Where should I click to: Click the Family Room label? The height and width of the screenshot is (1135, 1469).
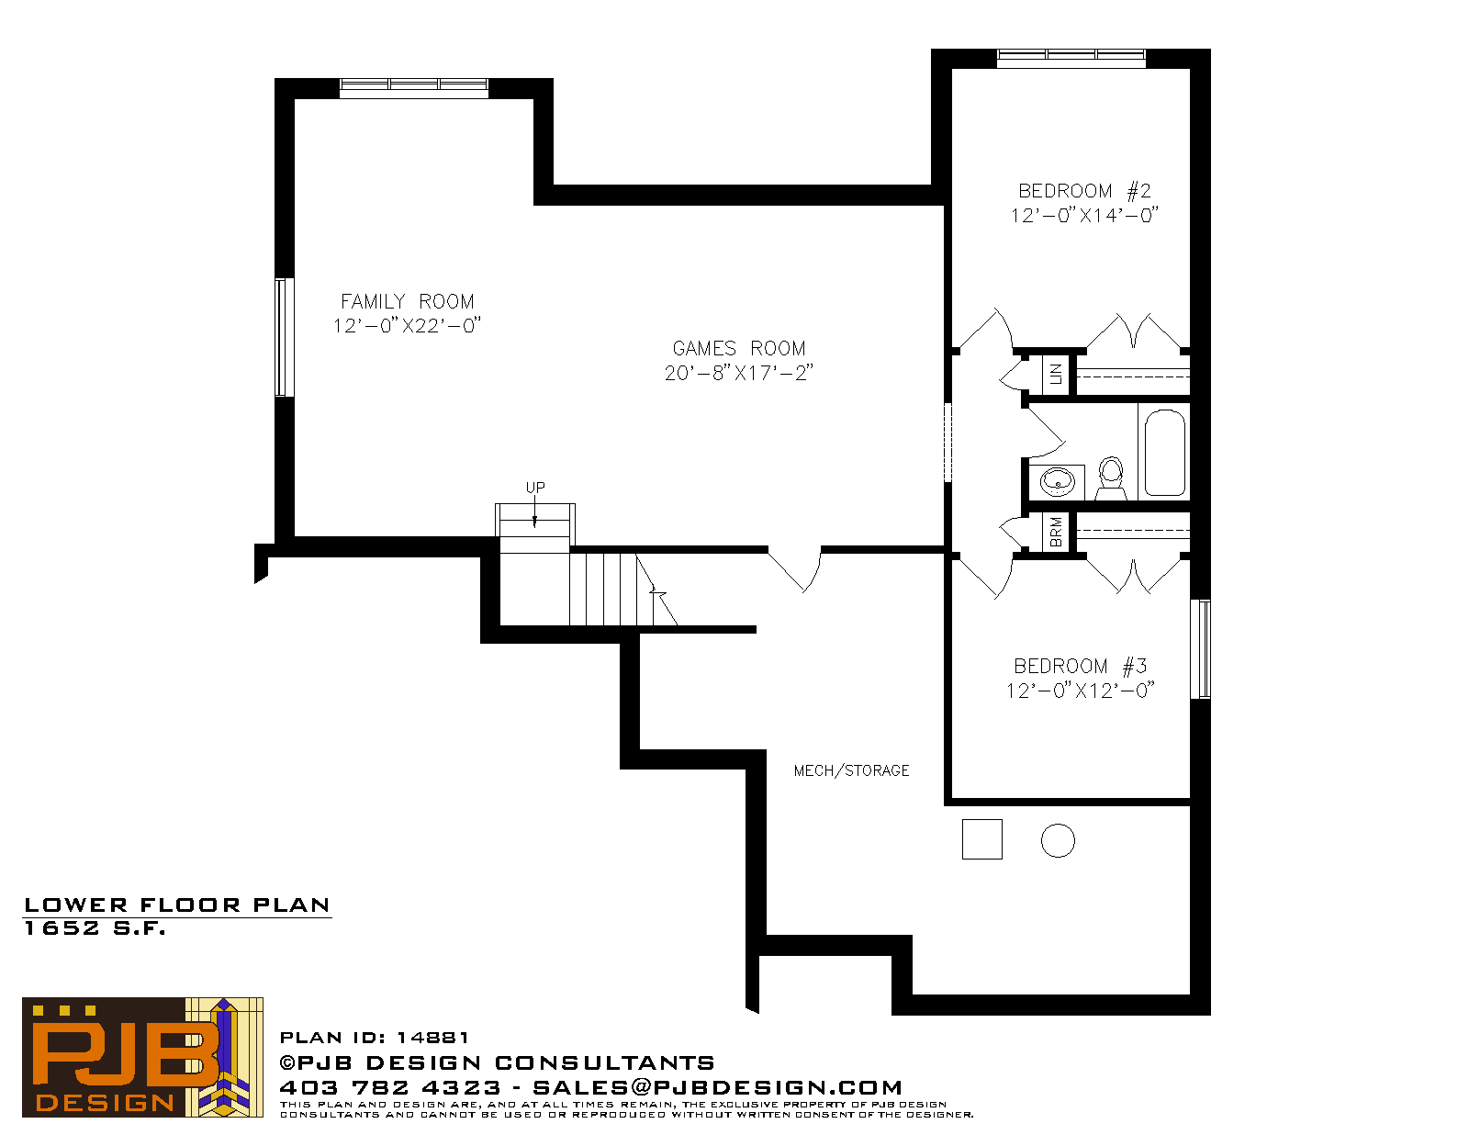(407, 301)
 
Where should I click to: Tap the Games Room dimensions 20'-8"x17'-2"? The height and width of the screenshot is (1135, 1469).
(738, 373)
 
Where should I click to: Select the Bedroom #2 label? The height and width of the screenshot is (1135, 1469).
(1084, 191)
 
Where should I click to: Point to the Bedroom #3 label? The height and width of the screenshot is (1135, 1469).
(1081, 666)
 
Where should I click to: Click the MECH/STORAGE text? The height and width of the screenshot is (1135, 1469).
(851, 770)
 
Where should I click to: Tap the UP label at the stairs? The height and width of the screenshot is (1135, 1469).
(534, 488)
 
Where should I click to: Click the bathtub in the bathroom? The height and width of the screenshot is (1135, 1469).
(1165, 452)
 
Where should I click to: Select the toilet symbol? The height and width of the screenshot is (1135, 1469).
(1111, 478)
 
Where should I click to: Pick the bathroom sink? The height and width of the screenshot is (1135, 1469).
(1057, 482)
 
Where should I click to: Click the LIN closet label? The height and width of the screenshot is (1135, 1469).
(1056, 373)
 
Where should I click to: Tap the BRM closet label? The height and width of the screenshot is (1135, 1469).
(1056, 532)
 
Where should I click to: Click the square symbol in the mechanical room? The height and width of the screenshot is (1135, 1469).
(981, 839)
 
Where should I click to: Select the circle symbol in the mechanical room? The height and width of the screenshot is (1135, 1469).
(1058, 840)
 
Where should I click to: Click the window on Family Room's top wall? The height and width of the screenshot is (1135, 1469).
(414, 87)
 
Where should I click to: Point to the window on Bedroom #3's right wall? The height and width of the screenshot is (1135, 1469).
(1201, 649)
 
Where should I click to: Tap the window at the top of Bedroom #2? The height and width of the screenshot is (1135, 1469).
(1071, 58)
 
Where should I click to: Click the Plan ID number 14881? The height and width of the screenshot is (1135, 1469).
(432, 1038)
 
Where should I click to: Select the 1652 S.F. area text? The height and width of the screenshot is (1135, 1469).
(95, 928)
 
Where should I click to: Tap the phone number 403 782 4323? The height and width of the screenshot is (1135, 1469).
(390, 1087)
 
